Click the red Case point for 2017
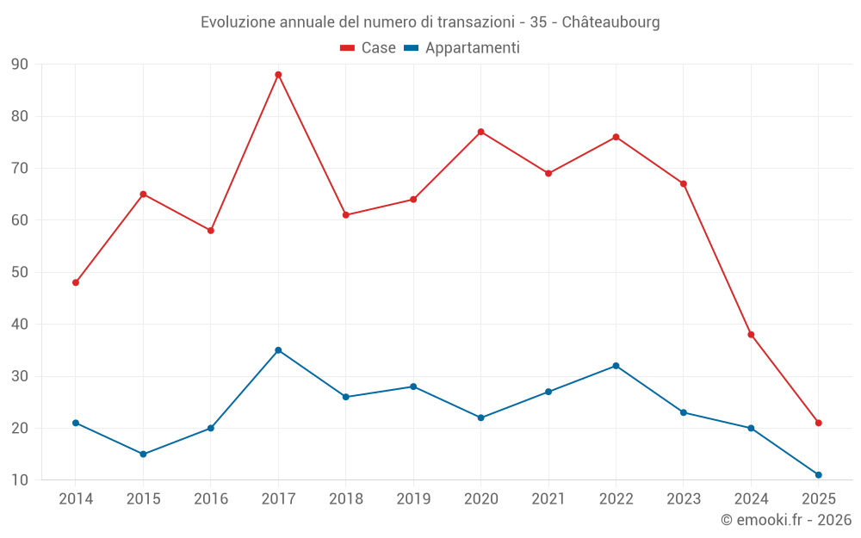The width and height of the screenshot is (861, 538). (x=278, y=75)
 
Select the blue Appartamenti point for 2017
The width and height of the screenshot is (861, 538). (x=278, y=350)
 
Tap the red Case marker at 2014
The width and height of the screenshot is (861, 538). (x=76, y=282)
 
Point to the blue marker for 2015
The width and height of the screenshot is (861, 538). (x=143, y=454)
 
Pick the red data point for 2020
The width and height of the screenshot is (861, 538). (x=480, y=132)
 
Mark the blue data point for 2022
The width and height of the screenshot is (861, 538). (x=616, y=366)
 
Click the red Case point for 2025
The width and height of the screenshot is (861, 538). (x=818, y=423)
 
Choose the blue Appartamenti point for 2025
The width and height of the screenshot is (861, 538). (x=818, y=474)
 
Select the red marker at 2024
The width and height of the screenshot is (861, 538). (x=751, y=334)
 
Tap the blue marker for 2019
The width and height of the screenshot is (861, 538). (x=413, y=386)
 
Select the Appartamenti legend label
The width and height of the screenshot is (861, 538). (x=472, y=48)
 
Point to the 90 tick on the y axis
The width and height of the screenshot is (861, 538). (x=20, y=65)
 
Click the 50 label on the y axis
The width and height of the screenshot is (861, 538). (x=20, y=272)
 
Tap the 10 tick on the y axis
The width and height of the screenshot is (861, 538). (x=20, y=480)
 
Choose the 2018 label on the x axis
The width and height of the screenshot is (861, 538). (x=345, y=499)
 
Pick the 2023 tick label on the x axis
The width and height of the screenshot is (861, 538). (x=683, y=499)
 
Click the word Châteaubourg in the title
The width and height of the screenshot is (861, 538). (x=610, y=22)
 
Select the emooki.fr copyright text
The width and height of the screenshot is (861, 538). (x=785, y=520)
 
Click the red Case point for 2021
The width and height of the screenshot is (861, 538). (x=548, y=173)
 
